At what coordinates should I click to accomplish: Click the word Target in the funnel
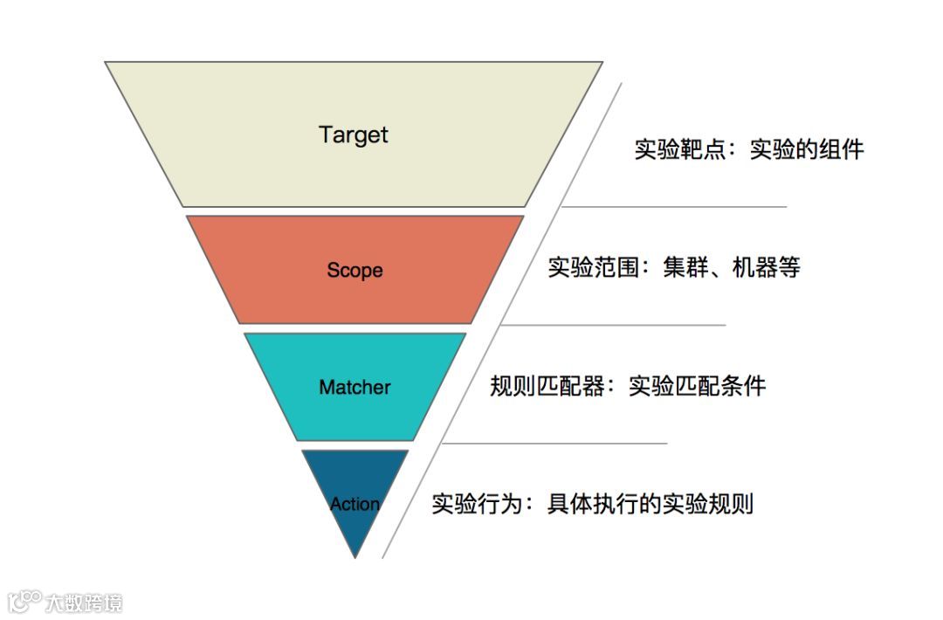(354, 135)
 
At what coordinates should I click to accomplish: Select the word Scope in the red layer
(354, 270)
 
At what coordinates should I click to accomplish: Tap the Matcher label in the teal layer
(354, 387)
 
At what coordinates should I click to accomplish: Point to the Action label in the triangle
(354, 504)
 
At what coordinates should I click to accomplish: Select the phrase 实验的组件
(807, 149)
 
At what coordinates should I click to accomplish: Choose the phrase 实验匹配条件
(697, 386)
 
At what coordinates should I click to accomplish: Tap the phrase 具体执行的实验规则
(650, 504)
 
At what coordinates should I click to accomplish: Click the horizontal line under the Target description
(672, 207)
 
